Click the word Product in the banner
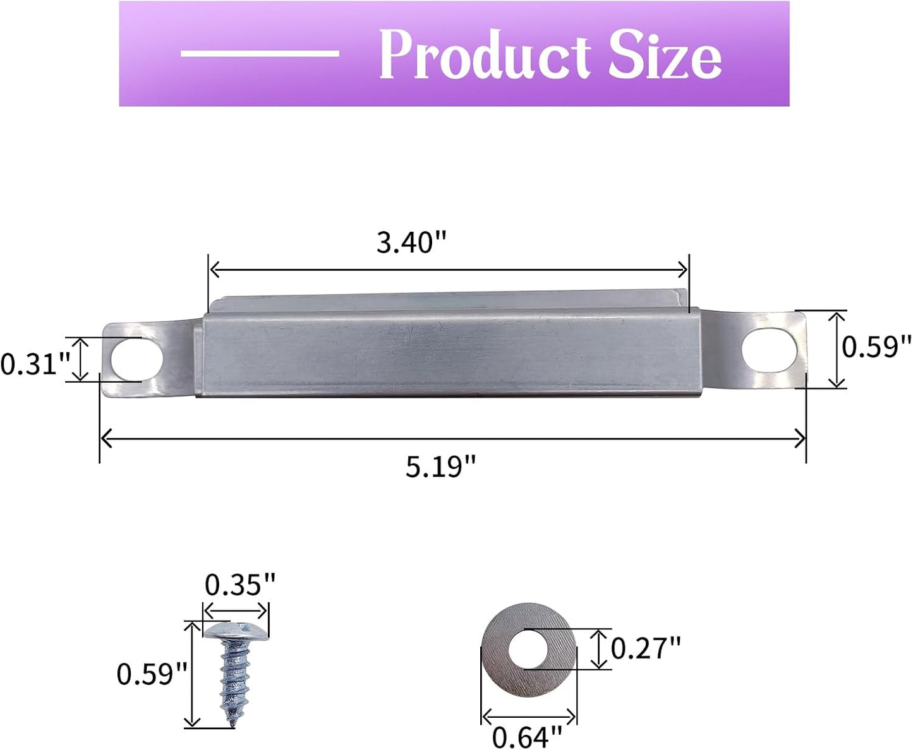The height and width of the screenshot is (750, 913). tap(485, 55)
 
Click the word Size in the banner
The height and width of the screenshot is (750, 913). tap(665, 55)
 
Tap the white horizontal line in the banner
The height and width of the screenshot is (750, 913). tap(260, 53)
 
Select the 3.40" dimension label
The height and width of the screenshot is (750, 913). tap(411, 242)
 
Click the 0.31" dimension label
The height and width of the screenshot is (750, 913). tap(35, 364)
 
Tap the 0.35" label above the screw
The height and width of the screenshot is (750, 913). tap(240, 585)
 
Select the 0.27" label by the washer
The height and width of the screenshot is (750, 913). tap(646, 648)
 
